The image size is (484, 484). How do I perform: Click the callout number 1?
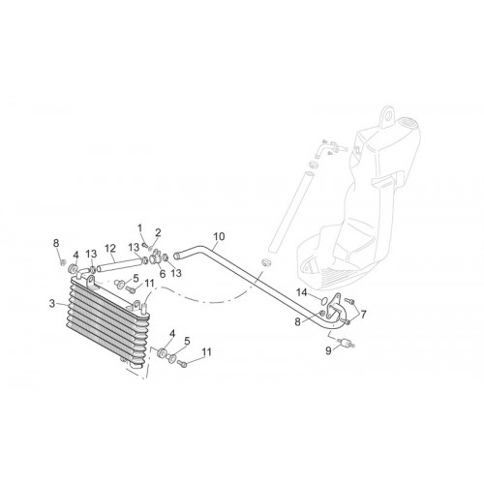click(x=139, y=228)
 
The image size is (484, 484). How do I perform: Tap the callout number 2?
click(x=158, y=232)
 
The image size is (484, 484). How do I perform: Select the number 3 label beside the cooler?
click(x=52, y=304)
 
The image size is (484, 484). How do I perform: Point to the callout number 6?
click(x=163, y=274)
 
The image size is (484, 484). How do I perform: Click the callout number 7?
click(x=364, y=314)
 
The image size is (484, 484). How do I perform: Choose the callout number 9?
click(x=328, y=350)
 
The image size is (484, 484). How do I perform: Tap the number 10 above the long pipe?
click(x=219, y=236)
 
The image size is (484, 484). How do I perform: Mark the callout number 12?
click(x=110, y=248)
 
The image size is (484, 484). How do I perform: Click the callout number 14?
click(x=302, y=292)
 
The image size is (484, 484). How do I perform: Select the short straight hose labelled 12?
click(x=120, y=264)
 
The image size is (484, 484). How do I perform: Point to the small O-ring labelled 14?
click(x=321, y=301)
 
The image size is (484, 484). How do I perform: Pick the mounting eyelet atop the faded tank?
click(x=389, y=115)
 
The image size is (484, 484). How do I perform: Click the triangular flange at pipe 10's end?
click(x=335, y=307)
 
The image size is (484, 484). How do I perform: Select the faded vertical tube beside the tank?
click(x=290, y=212)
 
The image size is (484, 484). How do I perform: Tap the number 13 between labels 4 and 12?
click(x=91, y=254)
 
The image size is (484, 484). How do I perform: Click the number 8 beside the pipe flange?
click(x=297, y=321)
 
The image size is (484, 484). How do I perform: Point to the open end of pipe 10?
click(x=176, y=257)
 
